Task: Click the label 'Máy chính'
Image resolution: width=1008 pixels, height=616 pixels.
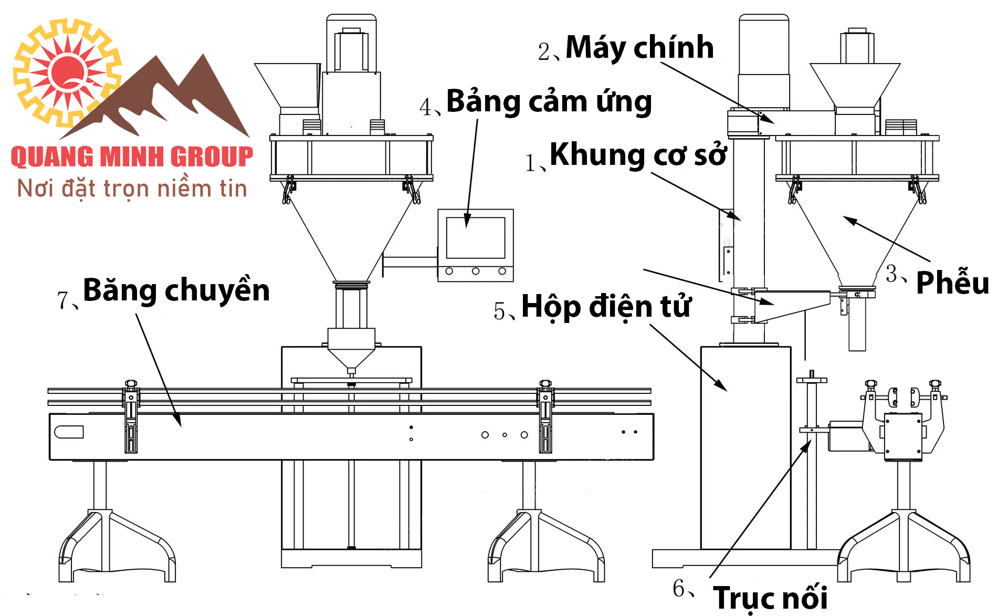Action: coord(639,47)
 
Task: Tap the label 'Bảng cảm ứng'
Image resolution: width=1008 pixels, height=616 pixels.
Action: coord(549,101)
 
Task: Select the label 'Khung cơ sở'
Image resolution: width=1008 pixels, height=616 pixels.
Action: coord(637,154)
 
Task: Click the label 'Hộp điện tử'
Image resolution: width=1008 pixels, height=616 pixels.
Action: coord(606,306)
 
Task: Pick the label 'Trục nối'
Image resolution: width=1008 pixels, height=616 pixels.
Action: coord(770,598)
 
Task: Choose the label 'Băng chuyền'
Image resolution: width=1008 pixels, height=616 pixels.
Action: coord(176,290)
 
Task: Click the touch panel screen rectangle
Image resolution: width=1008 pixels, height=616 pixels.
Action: coord(476,237)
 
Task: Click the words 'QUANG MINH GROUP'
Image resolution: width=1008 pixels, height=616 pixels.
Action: coord(132,157)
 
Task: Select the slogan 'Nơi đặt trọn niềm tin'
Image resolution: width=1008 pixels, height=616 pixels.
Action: coord(132,189)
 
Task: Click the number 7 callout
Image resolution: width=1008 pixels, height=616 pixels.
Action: coord(63,300)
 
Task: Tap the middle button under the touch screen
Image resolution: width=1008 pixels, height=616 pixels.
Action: coord(476,271)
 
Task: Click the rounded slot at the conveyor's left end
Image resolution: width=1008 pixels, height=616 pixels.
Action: coord(69,432)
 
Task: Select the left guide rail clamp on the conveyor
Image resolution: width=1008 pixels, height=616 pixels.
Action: coord(131,417)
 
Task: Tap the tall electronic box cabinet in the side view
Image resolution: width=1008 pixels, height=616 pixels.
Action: coord(745,446)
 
